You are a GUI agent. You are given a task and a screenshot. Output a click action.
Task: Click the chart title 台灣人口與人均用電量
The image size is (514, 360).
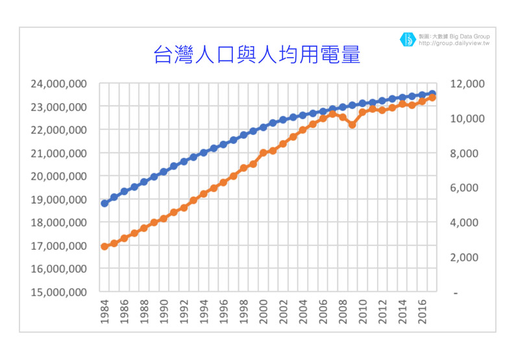point(256,54)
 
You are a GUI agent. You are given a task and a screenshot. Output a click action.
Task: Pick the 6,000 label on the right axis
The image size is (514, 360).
point(469,188)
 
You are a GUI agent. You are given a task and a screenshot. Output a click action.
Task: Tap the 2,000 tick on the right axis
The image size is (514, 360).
point(469,258)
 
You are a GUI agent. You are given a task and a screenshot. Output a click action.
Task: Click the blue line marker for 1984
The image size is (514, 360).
point(104,203)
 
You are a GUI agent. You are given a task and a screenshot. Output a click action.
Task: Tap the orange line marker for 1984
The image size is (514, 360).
point(104,246)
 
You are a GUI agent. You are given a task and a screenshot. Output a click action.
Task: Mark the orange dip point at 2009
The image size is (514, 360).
point(352,125)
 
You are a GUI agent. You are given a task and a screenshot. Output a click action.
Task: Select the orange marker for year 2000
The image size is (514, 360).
point(263,153)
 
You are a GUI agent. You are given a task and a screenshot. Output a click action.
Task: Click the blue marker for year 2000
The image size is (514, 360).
point(263,127)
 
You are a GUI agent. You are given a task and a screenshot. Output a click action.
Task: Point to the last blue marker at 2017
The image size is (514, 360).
point(432,94)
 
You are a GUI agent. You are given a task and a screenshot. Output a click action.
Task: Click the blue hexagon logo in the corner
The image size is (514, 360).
point(407,40)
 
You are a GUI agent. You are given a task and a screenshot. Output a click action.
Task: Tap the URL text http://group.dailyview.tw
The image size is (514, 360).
point(454,44)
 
